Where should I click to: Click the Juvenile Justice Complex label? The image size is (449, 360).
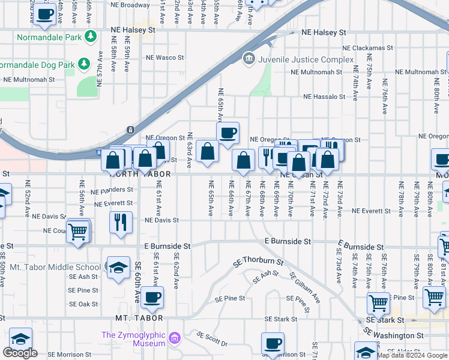coord(306,59)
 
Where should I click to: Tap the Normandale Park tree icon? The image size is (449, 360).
coord(91,36)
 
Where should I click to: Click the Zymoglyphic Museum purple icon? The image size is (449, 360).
coord(175,338)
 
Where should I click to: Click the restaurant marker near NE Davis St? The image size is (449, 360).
coord(121,222)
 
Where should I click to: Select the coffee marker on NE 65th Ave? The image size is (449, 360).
coord(228,133)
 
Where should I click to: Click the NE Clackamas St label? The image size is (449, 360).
coord(367,48)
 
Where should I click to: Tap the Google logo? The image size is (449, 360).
coord(20,353)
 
